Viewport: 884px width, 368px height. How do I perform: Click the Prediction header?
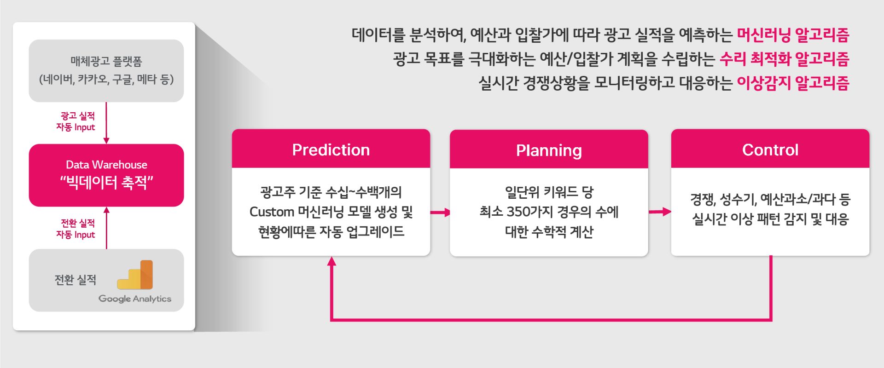pyautogui.click(x=331, y=150)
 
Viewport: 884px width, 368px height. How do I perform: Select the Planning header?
pyautogui.click(x=549, y=150)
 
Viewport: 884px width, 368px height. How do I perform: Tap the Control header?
pyautogui.click(x=770, y=150)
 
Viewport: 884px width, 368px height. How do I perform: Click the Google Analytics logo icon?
pyautogui.click(x=135, y=275)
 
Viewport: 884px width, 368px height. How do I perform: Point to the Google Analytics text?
pyautogui.click(x=135, y=299)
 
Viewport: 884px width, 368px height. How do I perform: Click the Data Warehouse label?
pyautogui.click(x=106, y=165)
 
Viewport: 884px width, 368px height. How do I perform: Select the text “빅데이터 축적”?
pyautogui.click(x=106, y=183)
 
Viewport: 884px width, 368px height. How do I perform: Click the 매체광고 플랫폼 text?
pyautogui.click(x=106, y=61)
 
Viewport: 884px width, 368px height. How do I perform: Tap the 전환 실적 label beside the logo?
pyautogui.click(x=76, y=280)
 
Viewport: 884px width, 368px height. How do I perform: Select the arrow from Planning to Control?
pyautogui.click(x=660, y=212)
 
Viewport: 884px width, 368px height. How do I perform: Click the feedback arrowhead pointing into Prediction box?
pyautogui.click(x=331, y=261)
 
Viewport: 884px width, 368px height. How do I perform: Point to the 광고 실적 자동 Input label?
pyautogui.click(x=76, y=121)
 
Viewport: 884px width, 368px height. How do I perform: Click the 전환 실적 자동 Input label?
pyautogui.click(x=76, y=229)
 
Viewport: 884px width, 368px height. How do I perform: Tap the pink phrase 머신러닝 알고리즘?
pyautogui.click(x=793, y=34)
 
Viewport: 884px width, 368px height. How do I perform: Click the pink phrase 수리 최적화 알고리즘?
pyautogui.click(x=785, y=58)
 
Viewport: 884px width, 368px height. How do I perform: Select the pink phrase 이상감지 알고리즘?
pyautogui.click(x=793, y=83)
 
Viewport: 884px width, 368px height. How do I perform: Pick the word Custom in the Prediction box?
pyautogui.click(x=272, y=212)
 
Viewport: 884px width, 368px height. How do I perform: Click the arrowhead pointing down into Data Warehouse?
pyautogui.click(x=106, y=140)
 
